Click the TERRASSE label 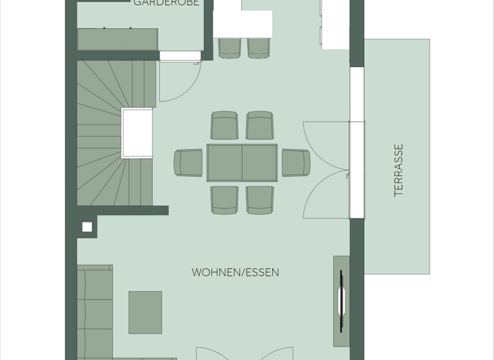point(399,170)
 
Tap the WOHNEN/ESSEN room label point(235,273)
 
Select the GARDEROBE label point(166,3)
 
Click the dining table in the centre point(242,163)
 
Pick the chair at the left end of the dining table point(188,163)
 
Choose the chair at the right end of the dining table point(296,163)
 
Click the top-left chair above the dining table point(224,125)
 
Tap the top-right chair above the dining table point(260,125)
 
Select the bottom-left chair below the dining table point(224,200)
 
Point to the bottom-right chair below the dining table point(260,200)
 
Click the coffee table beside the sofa point(145,312)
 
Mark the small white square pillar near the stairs point(87,227)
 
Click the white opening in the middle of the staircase point(137,133)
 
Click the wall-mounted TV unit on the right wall point(342,301)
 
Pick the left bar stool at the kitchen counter point(230,48)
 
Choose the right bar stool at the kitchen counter point(259,48)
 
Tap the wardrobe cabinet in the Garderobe point(118,39)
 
